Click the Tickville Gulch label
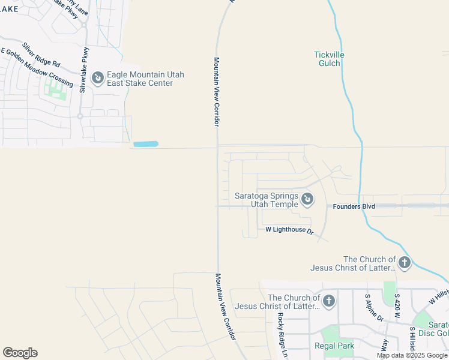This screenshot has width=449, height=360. pyautogui.click(x=329, y=59)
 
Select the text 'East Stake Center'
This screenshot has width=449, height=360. pyautogui.click(x=140, y=83)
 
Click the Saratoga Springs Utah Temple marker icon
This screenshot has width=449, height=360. pyautogui.click(x=307, y=199)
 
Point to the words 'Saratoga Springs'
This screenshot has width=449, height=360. pyautogui.click(x=266, y=196)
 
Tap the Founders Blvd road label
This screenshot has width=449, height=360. pyautogui.click(x=354, y=206)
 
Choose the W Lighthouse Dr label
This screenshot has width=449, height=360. pyautogui.click(x=289, y=230)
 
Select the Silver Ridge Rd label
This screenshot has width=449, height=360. pyautogui.click(x=41, y=55)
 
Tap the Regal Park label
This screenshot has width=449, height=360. pyautogui.click(x=334, y=346)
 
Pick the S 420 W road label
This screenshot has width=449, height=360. pyautogui.click(x=397, y=305)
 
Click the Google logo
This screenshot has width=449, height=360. pyautogui.click(x=20, y=353)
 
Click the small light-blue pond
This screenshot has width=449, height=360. pyautogui.click(x=145, y=144)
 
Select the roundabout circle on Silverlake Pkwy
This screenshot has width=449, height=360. pyautogui.click(x=79, y=116)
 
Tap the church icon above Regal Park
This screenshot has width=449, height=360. pyautogui.click(x=328, y=301)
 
